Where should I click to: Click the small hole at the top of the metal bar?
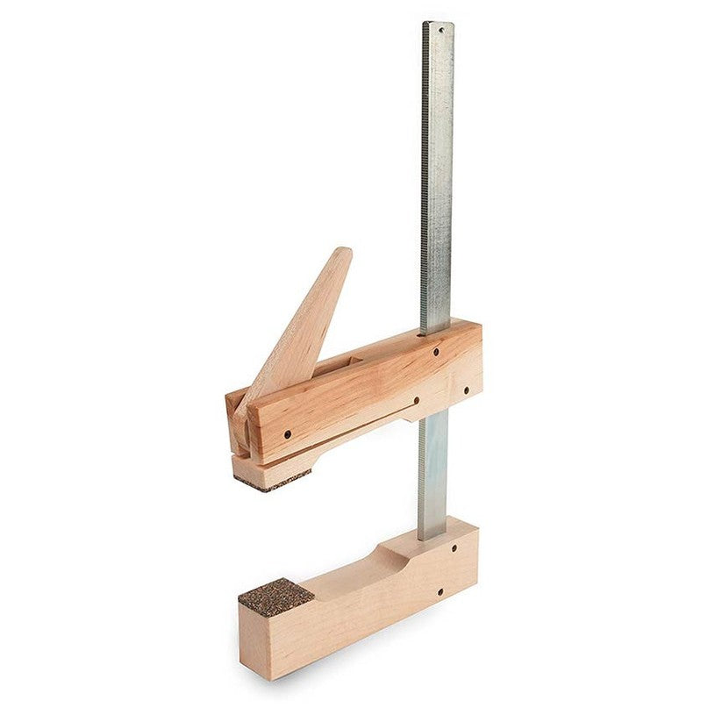pyautogui.click(x=440, y=29)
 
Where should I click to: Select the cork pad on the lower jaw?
pyautogui.click(x=275, y=597)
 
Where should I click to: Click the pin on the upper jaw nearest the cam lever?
pyautogui.click(x=288, y=433)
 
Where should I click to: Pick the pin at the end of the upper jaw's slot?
pyautogui.click(x=417, y=403)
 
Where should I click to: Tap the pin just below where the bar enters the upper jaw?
pyautogui.click(x=436, y=353)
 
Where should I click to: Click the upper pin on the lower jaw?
pyautogui.click(x=455, y=548)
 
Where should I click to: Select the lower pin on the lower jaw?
pyautogui.click(x=440, y=591)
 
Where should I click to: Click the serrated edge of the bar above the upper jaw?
pyautogui.click(x=425, y=175)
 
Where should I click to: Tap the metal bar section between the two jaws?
pyautogui.click(x=433, y=474)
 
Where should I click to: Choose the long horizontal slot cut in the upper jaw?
pyautogui.click(x=351, y=422)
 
